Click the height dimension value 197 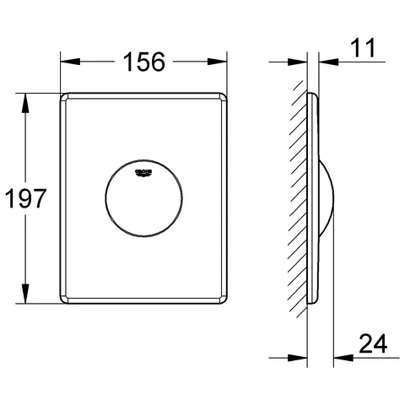pyautogui.click(x=24, y=199)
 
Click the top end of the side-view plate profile pyautogui.click(x=313, y=94)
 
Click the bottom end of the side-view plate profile pyautogui.click(x=313, y=303)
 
